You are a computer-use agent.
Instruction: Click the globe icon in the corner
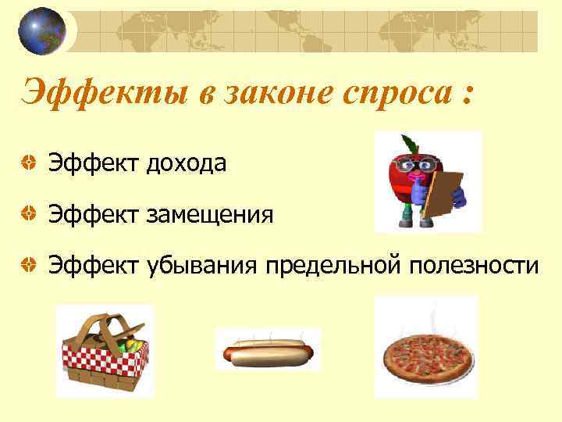[x=41, y=31]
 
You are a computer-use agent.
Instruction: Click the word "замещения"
[x=211, y=213]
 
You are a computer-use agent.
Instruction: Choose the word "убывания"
[x=201, y=266]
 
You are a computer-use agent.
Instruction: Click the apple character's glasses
[x=414, y=164]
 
